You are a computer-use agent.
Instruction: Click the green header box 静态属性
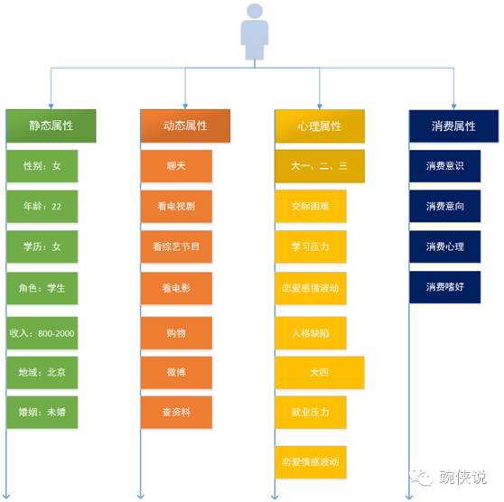tap(51, 125)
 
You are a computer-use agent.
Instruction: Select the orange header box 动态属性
tap(185, 125)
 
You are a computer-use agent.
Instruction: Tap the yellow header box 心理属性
tap(320, 126)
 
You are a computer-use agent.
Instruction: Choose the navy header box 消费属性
tap(453, 126)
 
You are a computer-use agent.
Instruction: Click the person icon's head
tap(255, 11)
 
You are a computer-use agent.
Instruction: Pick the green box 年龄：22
tap(42, 207)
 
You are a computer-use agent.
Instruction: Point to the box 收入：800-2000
tap(42, 333)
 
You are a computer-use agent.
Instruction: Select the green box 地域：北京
tap(42, 373)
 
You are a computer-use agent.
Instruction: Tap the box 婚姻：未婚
tap(42, 412)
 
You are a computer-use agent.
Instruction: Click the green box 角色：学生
tap(42, 288)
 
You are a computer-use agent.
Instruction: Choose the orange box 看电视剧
tap(176, 207)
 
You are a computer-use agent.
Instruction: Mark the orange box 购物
tap(176, 333)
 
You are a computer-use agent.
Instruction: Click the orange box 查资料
tap(176, 412)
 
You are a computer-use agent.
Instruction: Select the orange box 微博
tap(176, 373)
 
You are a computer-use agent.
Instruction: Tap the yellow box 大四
tap(320, 373)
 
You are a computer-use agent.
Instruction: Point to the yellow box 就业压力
tap(311, 412)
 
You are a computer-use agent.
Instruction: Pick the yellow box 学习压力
tap(311, 246)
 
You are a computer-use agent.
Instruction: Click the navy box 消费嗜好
tap(445, 287)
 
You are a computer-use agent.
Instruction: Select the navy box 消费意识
tap(445, 166)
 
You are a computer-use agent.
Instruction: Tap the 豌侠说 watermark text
tap(462, 477)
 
